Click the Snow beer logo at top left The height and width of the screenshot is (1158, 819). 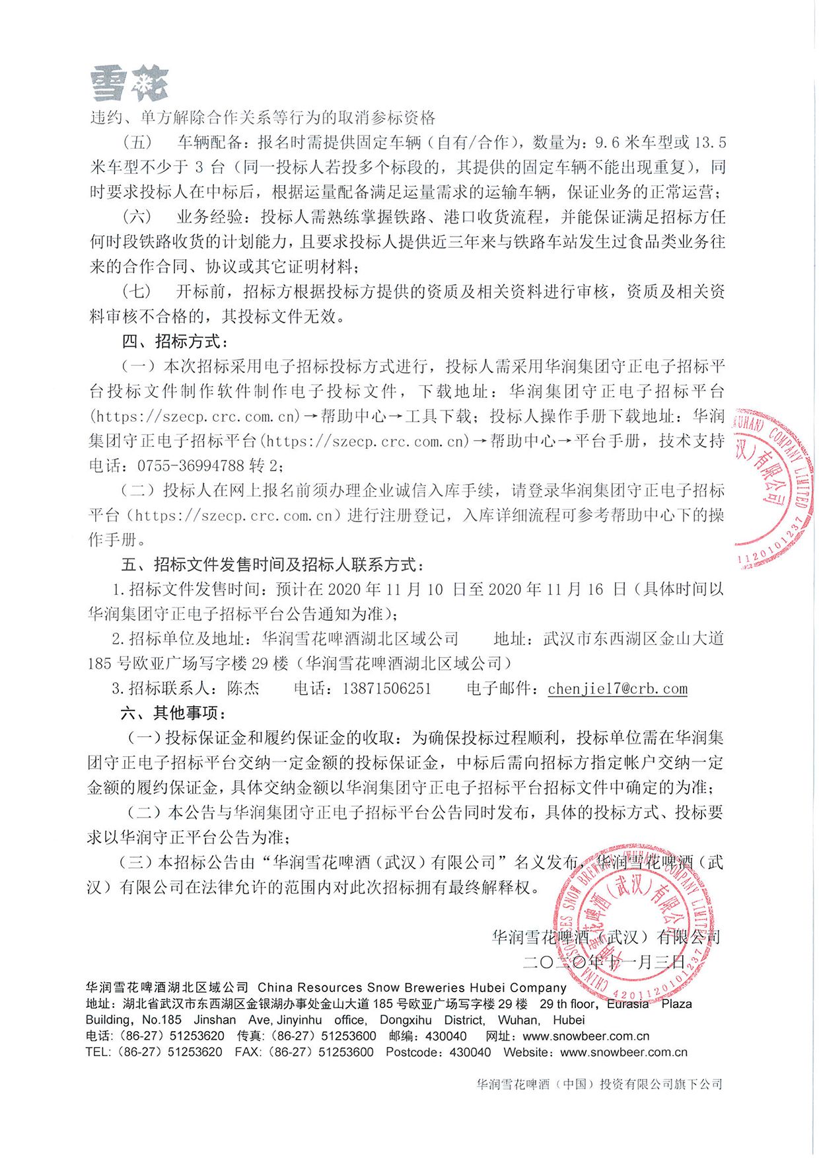129,84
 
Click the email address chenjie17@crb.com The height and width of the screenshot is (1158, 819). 618,689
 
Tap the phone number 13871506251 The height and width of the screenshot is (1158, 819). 386,689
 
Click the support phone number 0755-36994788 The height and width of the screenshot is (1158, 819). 191,466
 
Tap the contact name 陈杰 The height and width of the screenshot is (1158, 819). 243,689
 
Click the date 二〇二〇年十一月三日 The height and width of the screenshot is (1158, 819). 604,962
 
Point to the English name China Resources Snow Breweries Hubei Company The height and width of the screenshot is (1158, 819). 412,987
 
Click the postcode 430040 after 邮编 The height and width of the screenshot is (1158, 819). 446,1036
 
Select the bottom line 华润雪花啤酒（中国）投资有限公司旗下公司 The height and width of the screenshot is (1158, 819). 599,1084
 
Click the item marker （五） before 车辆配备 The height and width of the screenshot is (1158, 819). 137,143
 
